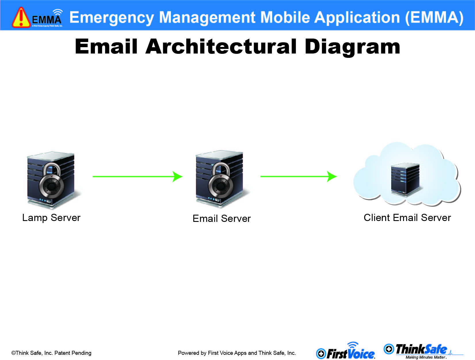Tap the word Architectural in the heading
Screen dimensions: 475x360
coord(221,47)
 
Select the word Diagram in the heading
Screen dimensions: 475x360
coord(352,47)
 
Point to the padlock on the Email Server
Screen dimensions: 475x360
coord(221,181)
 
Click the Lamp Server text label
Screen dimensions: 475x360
coord(51,218)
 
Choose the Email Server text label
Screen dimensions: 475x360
coord(222,218)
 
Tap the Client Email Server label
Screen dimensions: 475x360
coord(407,218)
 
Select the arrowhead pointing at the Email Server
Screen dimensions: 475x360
coord(178,176)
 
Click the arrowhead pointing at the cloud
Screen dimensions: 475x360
coord(332,176)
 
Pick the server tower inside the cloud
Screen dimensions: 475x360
coord(405,179)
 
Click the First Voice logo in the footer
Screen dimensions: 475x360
coord(346,351)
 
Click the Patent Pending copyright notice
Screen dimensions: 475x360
coord(51,353)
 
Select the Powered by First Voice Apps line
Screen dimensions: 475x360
coord(237,353)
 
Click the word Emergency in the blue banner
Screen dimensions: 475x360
coord(112,18)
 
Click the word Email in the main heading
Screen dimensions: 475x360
coord(106,46)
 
